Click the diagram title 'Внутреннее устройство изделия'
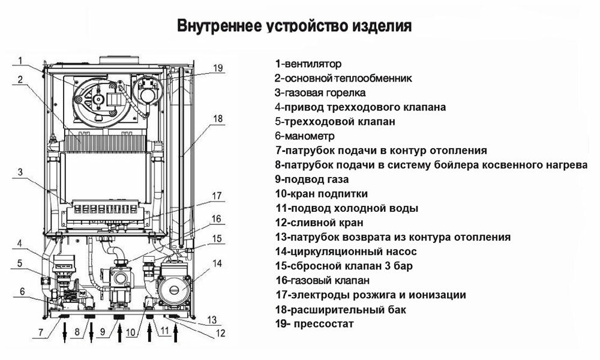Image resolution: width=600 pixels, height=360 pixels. [294, 26]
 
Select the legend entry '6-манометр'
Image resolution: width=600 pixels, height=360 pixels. [301, 136]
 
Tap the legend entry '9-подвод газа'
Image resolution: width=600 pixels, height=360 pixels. [311, 179]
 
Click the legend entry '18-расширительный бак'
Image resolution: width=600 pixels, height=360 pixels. [340, 310]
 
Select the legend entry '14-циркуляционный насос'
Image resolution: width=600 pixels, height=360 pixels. [345, 251]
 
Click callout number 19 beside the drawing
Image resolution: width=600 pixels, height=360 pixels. [217, 68]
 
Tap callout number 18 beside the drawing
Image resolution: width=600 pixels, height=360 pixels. [217, 118]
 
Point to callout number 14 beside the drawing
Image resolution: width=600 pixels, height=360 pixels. [217, 263]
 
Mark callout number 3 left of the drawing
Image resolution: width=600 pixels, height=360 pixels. [19, 173]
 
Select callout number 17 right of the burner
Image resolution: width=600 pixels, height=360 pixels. [217, 195]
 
